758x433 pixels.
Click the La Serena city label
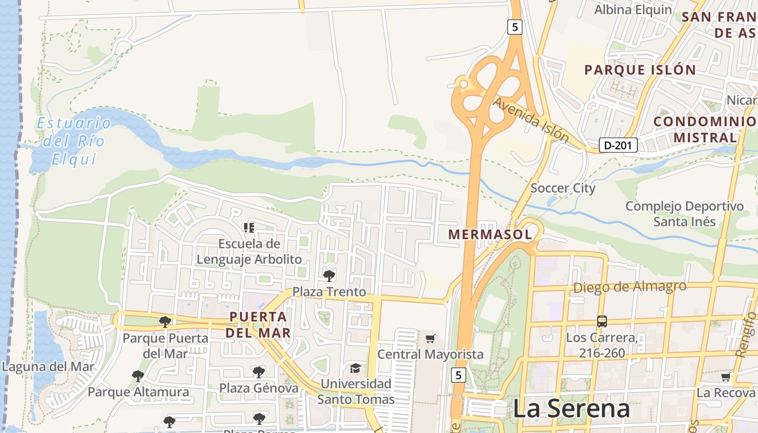pyautogui.click(x=571, y=409)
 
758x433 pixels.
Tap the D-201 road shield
pyautogui.click(x=618, y=145)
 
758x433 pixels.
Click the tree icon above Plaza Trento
pyautogui.click(x=329, y=276)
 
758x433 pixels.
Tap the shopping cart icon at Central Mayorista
pyautogui.click(x=430, y=339)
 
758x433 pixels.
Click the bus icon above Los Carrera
pyautogui.click(x=602, y=321)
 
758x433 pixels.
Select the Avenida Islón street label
pyautogui.click(x=531, y=120)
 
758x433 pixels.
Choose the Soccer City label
pyautogui.click(x=563, y=188)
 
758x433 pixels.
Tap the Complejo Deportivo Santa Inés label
pyautogui.click(x=684, y=214)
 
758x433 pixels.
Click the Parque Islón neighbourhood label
pyautogui.click(x=640, y=70)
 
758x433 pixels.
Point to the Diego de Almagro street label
pyautogui.click(x=629, y=287)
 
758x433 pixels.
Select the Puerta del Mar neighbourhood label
pyautogui.click(x=258, y=324)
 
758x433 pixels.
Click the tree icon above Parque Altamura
pyautogui.click(x=138, y=376)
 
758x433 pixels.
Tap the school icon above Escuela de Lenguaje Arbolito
pyautogui.click(x=249, y=228)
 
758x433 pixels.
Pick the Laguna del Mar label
pyautogui.click(x=48, y=366)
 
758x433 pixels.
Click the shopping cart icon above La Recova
pyautogui.click(x=726, y=377)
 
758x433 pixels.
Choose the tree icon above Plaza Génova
pyautogui.click(x=259, y=372)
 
